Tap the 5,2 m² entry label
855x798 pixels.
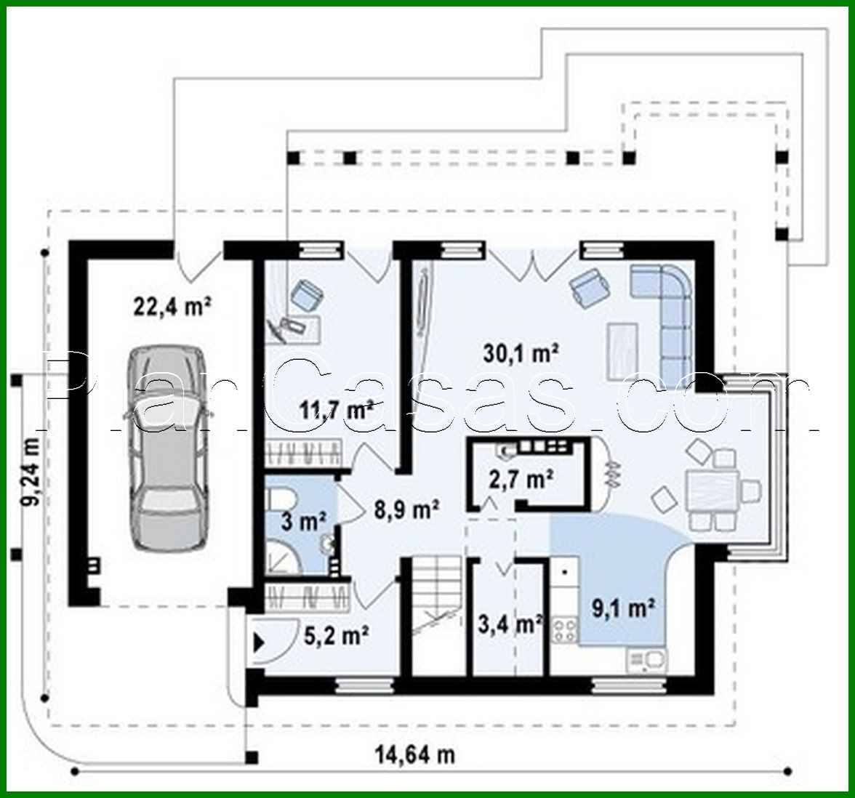[x=334, y=637]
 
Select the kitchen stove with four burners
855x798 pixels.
[x=564, y=630]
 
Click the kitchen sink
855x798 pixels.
[x=646, y=660]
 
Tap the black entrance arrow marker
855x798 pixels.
[x=258, y=642]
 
